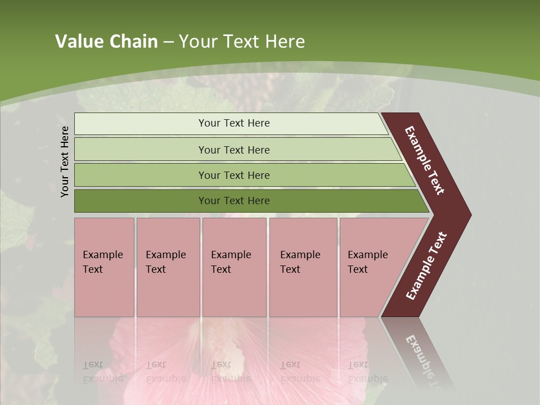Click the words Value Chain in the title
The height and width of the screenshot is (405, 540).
[106, 42]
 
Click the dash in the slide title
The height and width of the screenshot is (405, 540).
[168, 42]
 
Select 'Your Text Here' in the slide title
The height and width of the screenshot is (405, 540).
[242, 42]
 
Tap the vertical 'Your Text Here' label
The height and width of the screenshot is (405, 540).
[65, 161]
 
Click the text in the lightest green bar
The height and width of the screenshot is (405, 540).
[234, 123]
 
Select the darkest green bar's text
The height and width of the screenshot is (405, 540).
[234, 201]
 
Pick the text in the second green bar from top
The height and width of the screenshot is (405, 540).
[234, 150]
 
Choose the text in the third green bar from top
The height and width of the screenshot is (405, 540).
[234, 175]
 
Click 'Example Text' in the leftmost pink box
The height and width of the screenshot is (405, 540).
[102, 262]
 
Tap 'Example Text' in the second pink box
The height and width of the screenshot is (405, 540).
[165, 262]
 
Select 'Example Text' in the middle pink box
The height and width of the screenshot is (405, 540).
[231, 262]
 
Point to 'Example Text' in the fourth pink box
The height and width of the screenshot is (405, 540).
[300, 262]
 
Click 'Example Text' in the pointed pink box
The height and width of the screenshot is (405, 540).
[367, 262]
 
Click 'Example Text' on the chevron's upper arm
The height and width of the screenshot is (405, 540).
[425, 160]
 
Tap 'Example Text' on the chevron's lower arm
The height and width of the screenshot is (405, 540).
[426, 266]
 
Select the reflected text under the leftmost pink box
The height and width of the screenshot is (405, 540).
[102, 372]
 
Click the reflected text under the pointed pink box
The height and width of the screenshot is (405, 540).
[367, 372]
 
